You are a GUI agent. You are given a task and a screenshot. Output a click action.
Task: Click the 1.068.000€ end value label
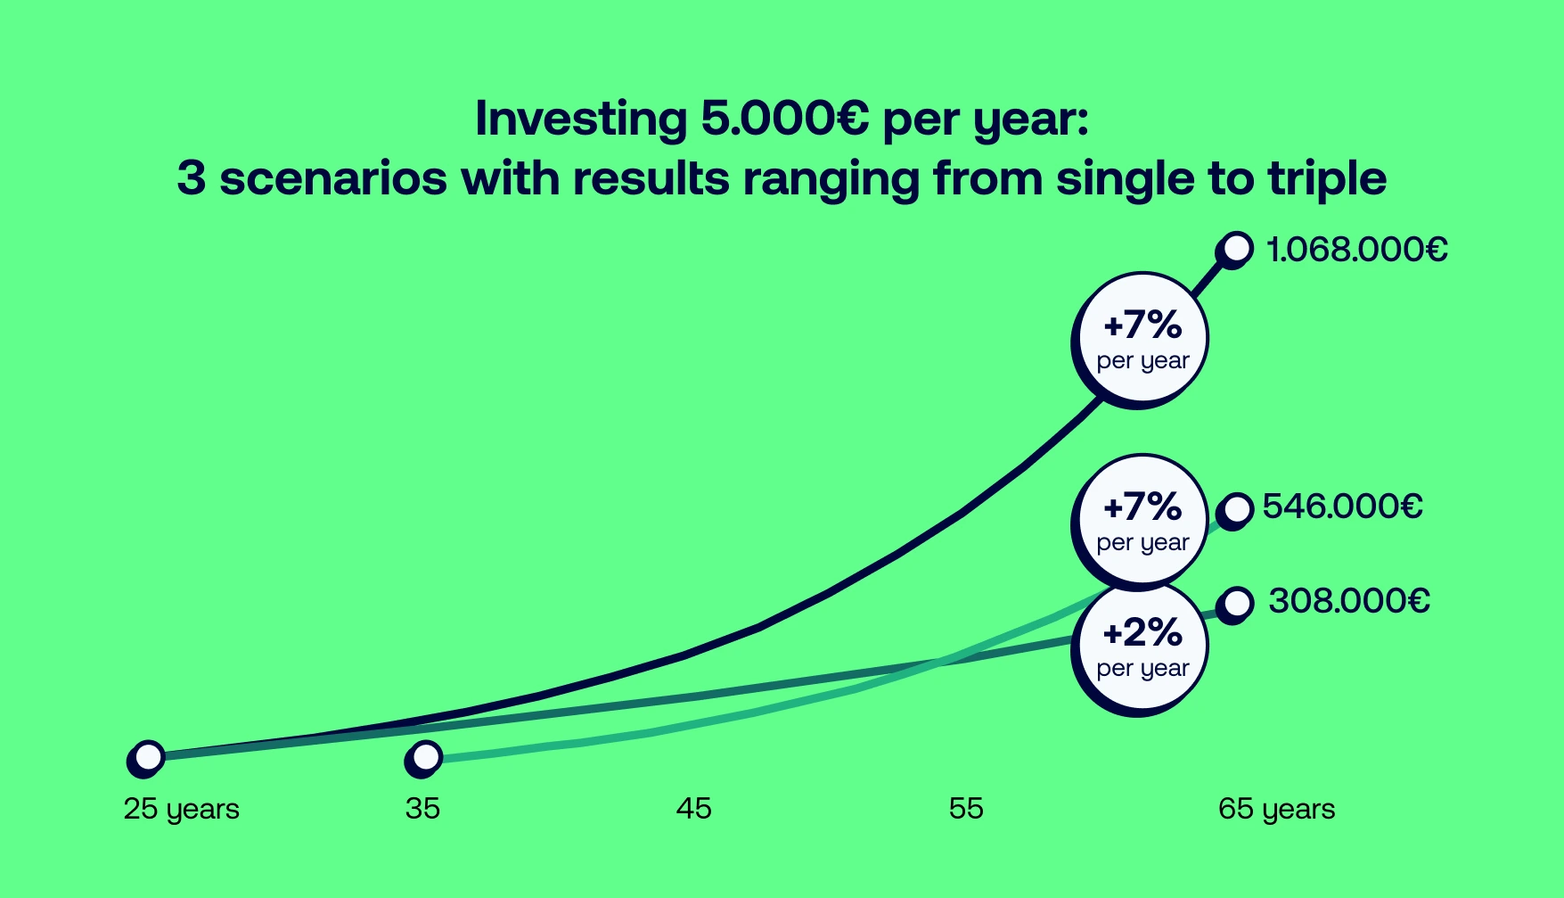point(1356,250)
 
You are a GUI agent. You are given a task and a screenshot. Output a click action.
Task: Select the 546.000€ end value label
point(1342,507)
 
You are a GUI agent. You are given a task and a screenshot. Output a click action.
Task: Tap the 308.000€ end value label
point(1348,601)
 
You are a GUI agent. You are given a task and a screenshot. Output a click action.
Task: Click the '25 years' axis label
point(181,809)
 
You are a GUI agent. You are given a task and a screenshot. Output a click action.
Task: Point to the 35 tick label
point(422,809)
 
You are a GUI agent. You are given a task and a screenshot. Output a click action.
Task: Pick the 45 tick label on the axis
point(693,809)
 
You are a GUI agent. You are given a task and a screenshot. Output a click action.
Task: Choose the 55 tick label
point(966,809)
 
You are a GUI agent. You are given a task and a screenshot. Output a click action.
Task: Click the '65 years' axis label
point(1276,809)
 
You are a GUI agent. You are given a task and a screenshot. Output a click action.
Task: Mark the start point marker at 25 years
point(148,757)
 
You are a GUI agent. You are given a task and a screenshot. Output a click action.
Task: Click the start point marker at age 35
point(426,758)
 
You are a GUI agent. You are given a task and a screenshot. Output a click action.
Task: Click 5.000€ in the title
point(784,119)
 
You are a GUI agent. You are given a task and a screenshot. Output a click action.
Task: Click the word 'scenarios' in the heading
point(332,178)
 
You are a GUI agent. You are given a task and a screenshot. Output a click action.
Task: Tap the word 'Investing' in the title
point(580,119)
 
